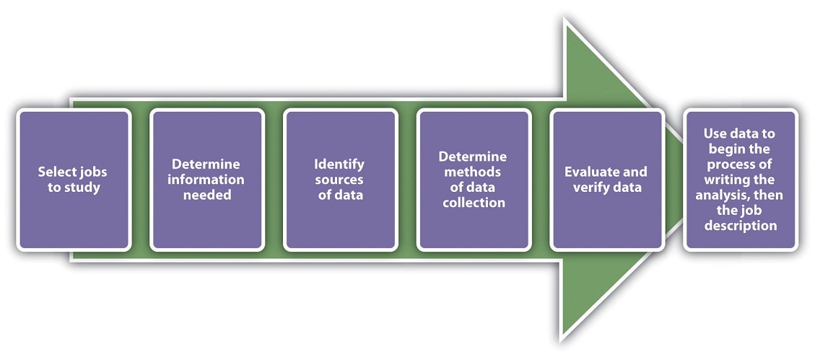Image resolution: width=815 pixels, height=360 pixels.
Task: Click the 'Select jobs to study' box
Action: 74,180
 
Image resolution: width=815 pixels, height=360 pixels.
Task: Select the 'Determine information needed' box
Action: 207,180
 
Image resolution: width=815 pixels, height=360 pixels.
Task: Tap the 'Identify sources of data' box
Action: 341,180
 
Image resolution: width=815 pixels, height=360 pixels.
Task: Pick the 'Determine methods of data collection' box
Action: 474,180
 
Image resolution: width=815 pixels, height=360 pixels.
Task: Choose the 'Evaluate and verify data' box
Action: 607,180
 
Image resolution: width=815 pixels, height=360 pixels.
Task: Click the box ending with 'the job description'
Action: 740,180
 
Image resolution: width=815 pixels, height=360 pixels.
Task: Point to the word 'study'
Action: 82,188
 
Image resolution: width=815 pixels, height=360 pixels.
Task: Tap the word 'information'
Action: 207,180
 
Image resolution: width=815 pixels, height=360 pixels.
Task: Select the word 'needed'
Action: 207,196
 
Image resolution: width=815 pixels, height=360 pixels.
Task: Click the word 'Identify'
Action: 339,164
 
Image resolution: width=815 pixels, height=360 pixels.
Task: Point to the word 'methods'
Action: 473,172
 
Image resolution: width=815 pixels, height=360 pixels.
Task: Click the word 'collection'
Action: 474,203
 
